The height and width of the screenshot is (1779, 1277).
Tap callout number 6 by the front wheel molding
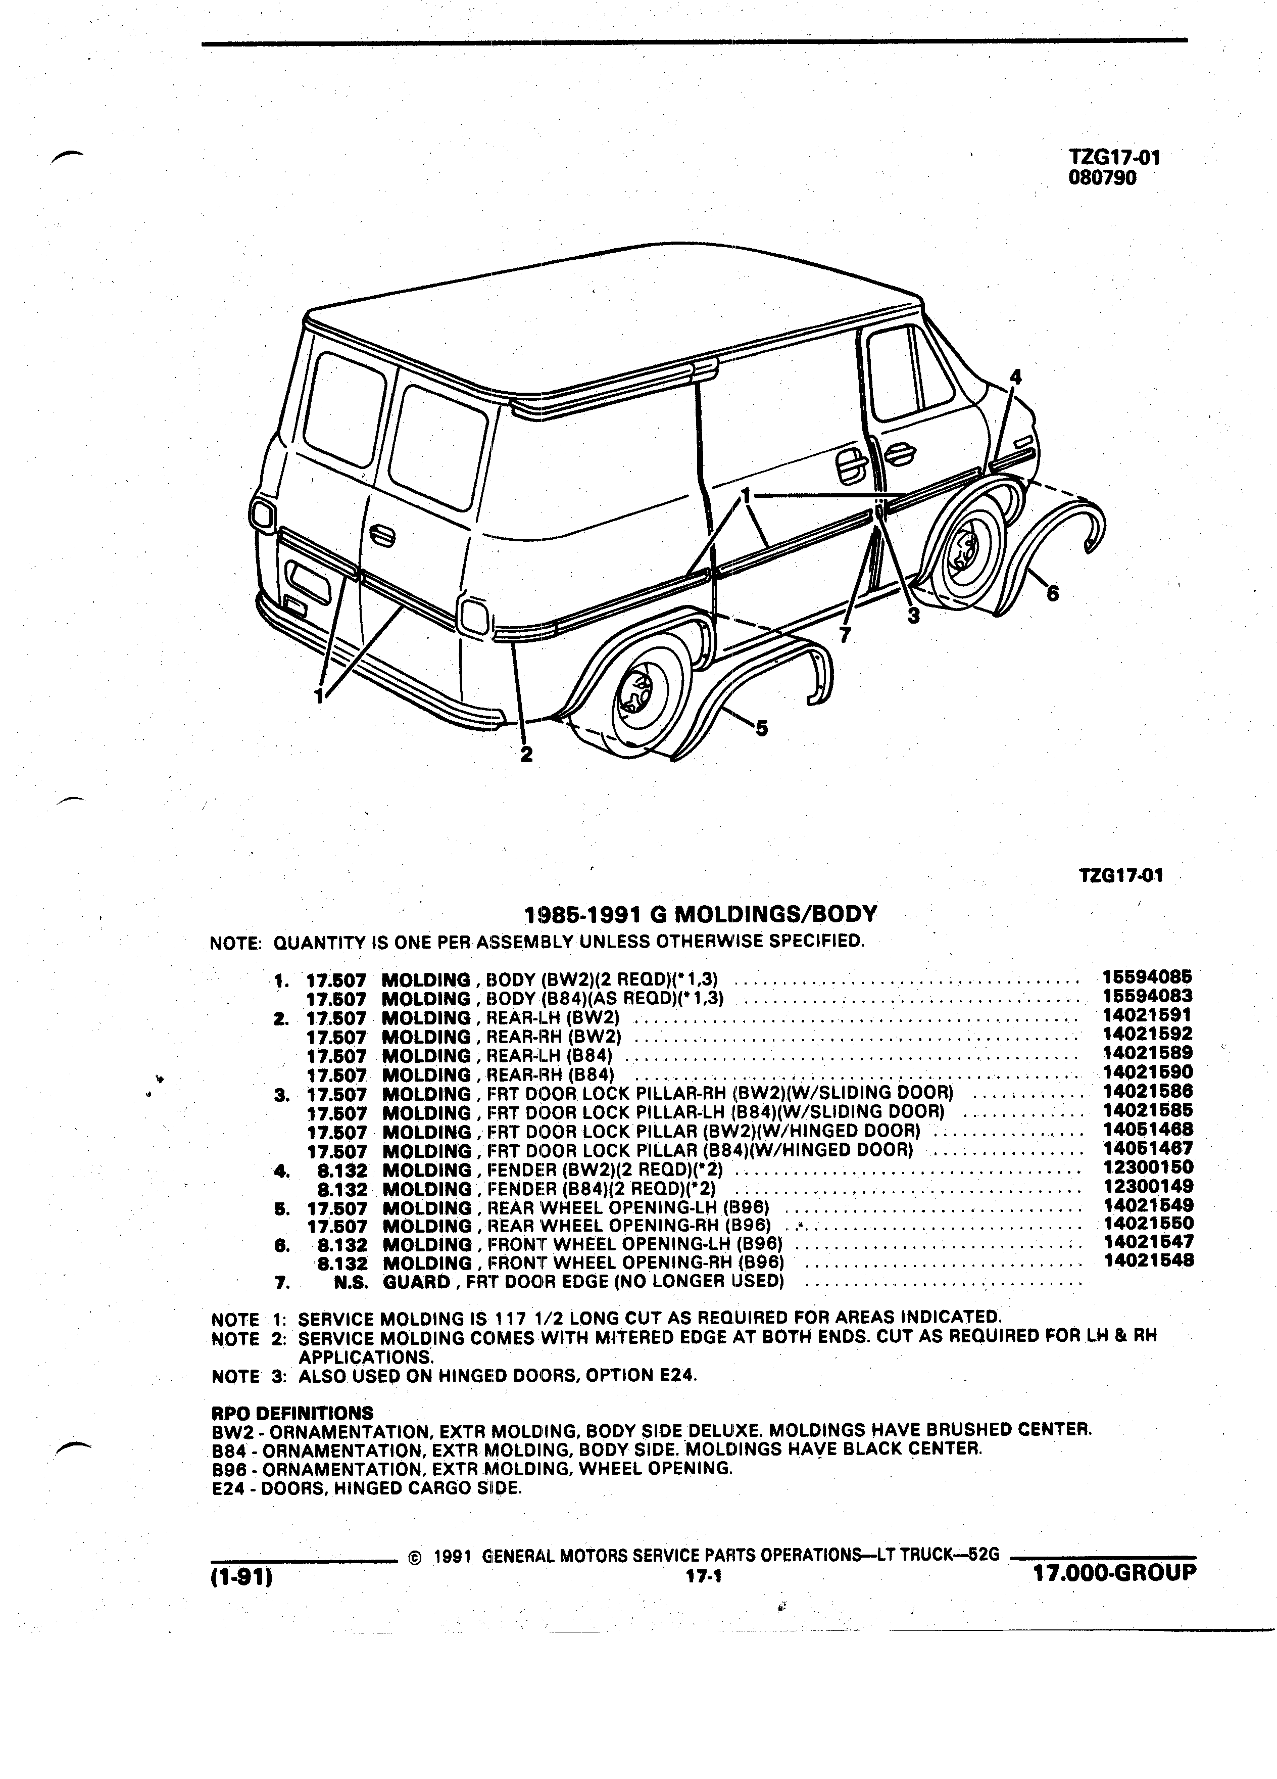[1053, 594]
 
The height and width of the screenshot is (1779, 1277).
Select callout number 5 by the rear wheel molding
[761, 729]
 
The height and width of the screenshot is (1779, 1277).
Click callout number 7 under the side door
[844, 635]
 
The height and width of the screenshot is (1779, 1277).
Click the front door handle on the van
[898, 453]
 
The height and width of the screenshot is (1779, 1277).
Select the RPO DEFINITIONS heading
[292, 1412]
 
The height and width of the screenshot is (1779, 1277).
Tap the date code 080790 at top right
[1102, 177]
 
